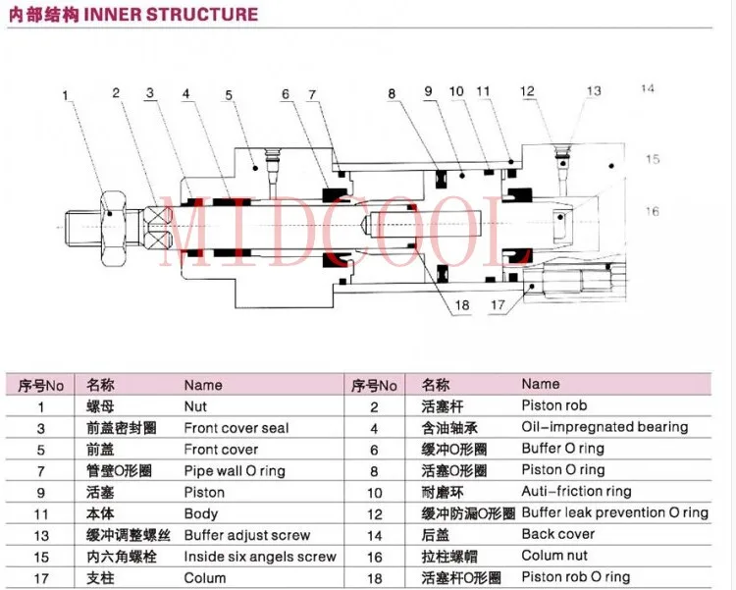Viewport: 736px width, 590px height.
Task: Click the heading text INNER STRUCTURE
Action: (171, 14)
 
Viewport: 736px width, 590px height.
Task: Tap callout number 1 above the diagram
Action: (65, 95)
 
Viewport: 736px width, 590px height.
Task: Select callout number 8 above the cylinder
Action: (392, 94)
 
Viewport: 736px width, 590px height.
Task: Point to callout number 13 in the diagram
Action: (594, 90)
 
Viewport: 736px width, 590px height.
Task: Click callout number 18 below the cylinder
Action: (462, 305)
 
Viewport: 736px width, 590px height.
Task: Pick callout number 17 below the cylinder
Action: (498, 305)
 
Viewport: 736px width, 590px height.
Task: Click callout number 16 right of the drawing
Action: (652, 211)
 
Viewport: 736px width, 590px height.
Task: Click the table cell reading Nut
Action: (195, 406)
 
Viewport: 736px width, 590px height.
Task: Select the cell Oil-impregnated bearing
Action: (605, 427)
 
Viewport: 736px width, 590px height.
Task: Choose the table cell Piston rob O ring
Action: (575, 576)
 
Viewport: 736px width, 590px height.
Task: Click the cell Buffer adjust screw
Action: (247, 535)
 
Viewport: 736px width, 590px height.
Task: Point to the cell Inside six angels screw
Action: (260, 557)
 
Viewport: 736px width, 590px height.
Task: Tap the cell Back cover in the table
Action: (558, 534)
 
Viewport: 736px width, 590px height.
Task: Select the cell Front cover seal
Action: (237, 428)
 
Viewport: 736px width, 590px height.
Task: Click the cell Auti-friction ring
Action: (576, 492)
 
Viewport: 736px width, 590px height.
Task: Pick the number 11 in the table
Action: (41, 514)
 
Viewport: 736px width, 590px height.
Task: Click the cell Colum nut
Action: (554, 556)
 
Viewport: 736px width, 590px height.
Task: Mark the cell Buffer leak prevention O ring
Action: (614, 512)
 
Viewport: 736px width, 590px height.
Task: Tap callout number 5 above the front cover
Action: (229, 95)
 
